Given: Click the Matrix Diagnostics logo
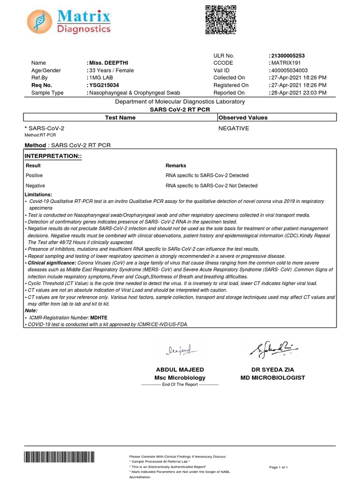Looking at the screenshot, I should [x=68, y=22].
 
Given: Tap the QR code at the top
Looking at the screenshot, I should [x=221, y=19].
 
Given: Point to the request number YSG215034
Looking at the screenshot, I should [x=105, y=85].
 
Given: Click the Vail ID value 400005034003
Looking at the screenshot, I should [x=289, y=70].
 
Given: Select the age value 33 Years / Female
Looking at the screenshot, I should [x=112, y=70].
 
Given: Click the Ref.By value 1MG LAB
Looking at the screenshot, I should [x=100, y=78].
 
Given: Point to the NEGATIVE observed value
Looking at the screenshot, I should [x=234, y=128].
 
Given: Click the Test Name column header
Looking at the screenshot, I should [x=120, y=118].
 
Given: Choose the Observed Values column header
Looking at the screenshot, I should [x=243, y=118].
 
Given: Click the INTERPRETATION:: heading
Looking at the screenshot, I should [x=53, y=155].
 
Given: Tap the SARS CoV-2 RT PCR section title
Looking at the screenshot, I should [x=180, y=109].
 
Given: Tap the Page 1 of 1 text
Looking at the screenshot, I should [x=278, y=467].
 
